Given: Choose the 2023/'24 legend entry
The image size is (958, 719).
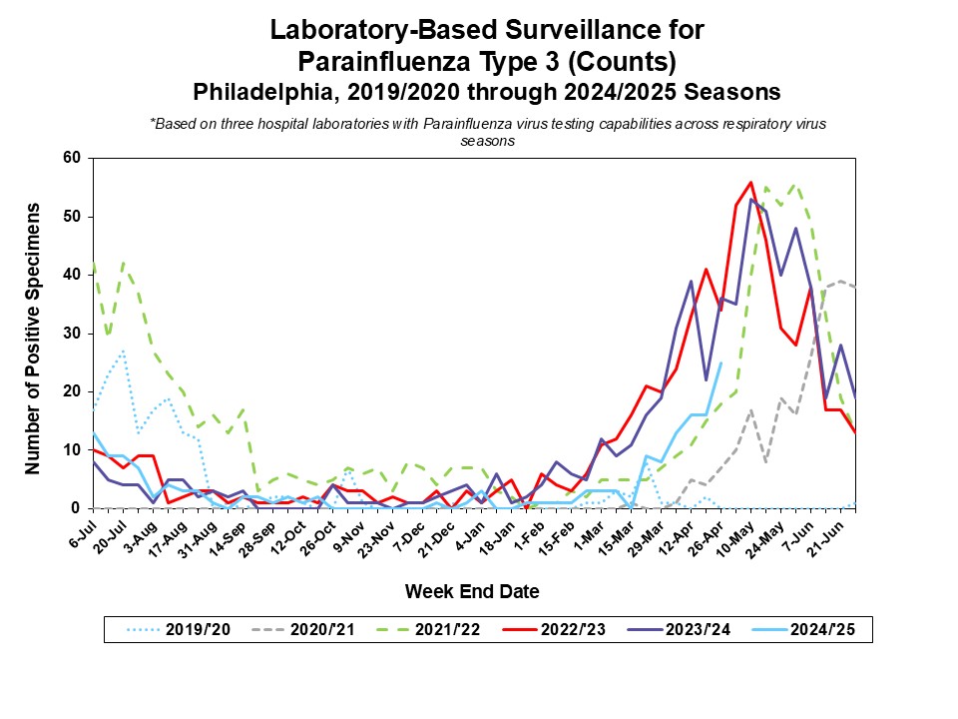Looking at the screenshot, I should coord(701,630).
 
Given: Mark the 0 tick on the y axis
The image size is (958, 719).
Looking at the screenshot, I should coord(75,508).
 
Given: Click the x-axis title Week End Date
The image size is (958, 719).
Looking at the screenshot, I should coord(472,591).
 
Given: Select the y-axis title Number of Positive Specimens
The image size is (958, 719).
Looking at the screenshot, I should coord(33,339).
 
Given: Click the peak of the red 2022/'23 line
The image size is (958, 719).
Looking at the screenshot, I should coord(750,182).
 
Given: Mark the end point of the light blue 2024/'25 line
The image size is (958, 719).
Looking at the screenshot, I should coord(720,362).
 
